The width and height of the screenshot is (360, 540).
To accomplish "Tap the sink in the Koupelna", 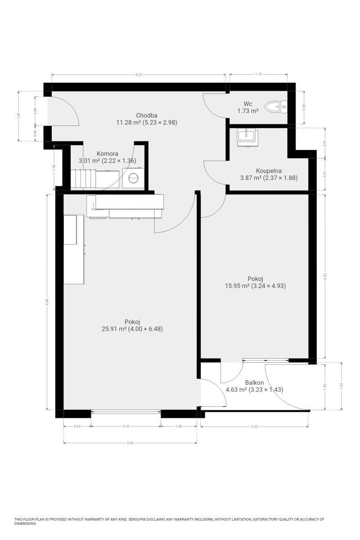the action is point(247,137).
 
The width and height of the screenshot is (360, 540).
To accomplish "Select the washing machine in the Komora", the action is point(133,178).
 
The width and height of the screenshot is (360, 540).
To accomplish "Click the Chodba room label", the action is point(147,115).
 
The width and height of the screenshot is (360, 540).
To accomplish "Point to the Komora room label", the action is point(107,153).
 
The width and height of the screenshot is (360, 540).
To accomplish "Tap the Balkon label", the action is point(254,382).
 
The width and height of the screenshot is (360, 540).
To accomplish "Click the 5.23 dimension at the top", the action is point(139,75).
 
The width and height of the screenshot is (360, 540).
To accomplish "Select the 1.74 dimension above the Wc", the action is point(258,74).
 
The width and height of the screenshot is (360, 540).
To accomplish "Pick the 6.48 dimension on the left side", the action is point(47,301).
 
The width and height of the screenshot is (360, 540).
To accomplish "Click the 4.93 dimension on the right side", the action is point(325,276).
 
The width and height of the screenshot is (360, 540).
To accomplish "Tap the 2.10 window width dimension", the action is point(126,426).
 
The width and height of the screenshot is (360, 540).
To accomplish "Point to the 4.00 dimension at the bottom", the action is point(130,443).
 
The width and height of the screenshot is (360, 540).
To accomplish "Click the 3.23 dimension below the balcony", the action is point(254,427).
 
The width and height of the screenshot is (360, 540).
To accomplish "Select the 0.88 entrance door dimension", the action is point(35,111).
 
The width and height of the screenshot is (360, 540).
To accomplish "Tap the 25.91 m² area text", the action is point(114,329).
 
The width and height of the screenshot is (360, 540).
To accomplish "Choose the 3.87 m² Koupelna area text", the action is point(251,178).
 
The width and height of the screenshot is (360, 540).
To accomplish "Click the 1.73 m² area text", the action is point(248,111).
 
